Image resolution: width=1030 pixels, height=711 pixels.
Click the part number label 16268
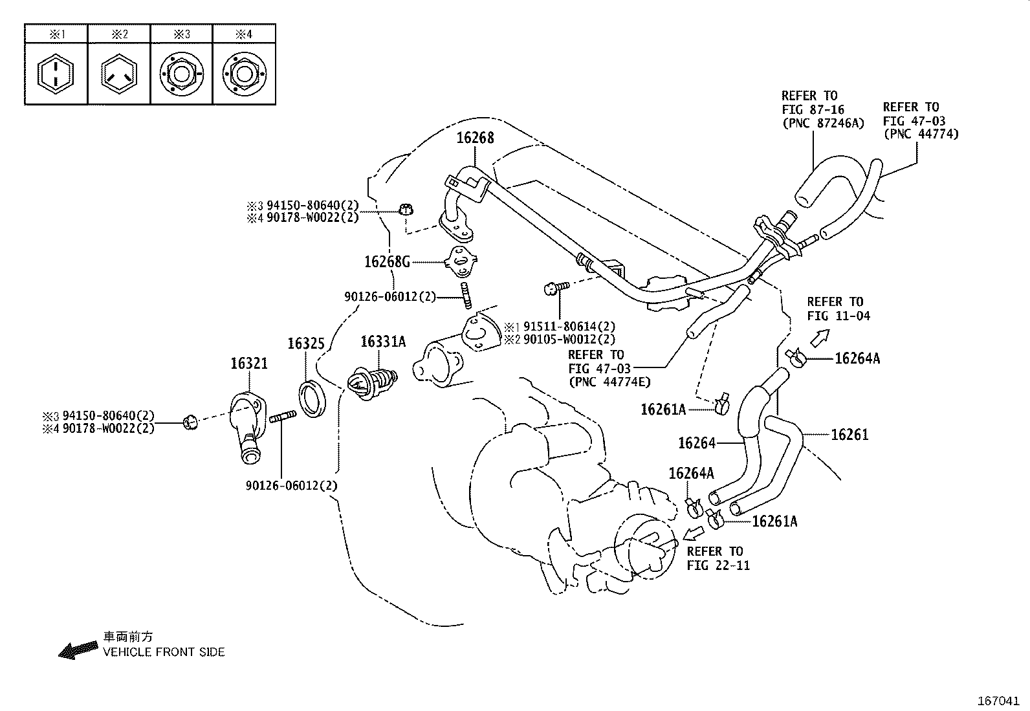point(475,137)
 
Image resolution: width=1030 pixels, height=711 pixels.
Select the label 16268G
point(387,261)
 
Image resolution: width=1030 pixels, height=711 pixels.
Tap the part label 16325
point(305,343)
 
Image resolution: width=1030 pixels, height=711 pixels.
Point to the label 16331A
point(383,342)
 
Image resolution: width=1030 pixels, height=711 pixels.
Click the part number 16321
point(249,364)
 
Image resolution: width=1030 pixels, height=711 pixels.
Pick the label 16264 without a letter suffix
point(696,443)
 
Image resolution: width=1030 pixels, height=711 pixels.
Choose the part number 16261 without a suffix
point(849,435)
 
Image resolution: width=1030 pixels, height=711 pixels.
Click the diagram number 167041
point(998,701)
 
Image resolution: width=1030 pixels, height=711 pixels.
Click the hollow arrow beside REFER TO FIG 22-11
point(694,533)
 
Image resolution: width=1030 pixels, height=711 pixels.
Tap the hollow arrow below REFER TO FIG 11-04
point(820,338)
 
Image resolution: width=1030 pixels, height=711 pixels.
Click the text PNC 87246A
point(822,123)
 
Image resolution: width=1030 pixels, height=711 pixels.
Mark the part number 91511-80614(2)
point(569,327)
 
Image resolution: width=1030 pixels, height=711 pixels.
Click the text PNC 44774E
point(610,382)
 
